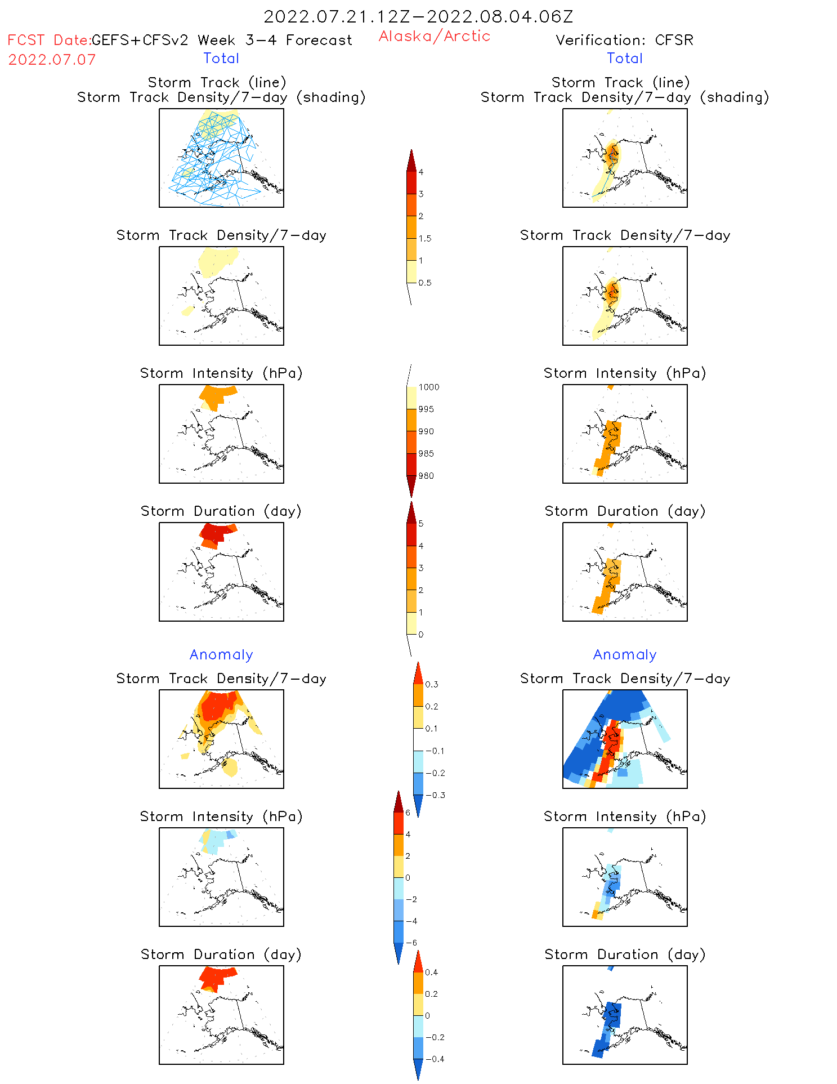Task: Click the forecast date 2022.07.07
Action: click(52, 60)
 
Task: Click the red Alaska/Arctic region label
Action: click(434, 36)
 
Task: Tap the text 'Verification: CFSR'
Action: click(624, 40)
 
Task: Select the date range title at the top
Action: click(418, 16)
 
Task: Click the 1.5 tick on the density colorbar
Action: click(425, 238)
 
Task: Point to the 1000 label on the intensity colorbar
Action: click(428, 387)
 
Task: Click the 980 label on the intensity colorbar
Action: click(426, 476)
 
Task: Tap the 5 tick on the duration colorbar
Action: click(420, 523)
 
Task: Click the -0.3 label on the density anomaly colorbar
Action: click(435, 795)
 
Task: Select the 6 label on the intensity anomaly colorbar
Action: click(408, 813)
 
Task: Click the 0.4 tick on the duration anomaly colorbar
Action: click(431, 972)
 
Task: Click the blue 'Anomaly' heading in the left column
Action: click(221, 654)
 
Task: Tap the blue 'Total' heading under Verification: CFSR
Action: click(624, 58)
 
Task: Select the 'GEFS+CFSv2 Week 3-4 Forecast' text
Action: click(221, 40)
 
